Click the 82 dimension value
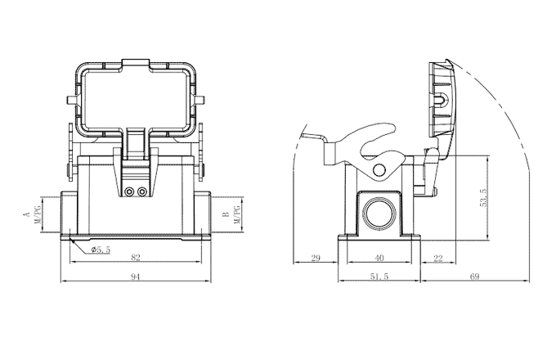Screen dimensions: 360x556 pos(136,258)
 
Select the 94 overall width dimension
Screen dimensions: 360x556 pos(136,277)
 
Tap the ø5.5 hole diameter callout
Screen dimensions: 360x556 pos(101,249)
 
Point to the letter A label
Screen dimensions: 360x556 pos(26,214)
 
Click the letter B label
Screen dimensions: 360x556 pos(226,214)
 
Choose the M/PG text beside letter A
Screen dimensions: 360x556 pos(36,214)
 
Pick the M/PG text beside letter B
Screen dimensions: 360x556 pos(235,215)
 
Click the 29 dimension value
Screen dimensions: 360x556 pos(316,258)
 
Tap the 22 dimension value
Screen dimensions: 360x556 pos(437,258)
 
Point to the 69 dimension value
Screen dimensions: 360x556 pos(474,277)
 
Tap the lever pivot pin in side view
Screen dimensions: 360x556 pos(378,169)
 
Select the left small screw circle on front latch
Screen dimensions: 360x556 pos(129,192)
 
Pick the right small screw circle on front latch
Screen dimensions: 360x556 pos(143,192)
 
